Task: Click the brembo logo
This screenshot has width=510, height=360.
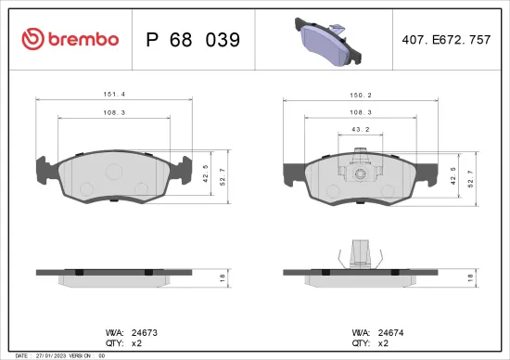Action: (70, 39)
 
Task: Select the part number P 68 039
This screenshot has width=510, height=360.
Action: (193, 40)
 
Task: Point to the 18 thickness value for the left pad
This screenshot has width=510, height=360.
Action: (221, 277)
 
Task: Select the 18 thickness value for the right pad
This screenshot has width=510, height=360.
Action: (471, 277)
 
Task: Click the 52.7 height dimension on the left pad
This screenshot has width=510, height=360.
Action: (221, 177)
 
